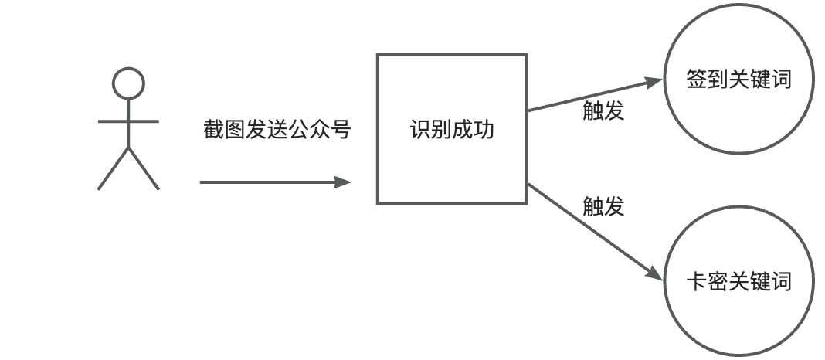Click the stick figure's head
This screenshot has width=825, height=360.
[x=128, y=81]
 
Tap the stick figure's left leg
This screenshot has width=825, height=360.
[x=112, y=170]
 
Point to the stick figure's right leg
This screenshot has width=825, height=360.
[x=144, y=170]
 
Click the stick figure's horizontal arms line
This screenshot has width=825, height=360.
[x=128, y=121]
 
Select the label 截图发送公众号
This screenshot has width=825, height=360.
[x=277, y=129]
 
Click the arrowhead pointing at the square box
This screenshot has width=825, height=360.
[x=343, y=183]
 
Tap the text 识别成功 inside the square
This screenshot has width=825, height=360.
[x=452, y=129]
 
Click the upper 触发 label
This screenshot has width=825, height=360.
[x=603, y=112]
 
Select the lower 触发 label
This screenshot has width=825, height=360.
[x=603, y=206]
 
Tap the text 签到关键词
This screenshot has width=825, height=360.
[x=739, y=80]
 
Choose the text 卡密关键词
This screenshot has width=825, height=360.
[x=739, y=282]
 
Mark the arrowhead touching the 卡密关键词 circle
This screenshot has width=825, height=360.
[x=656, y=272]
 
